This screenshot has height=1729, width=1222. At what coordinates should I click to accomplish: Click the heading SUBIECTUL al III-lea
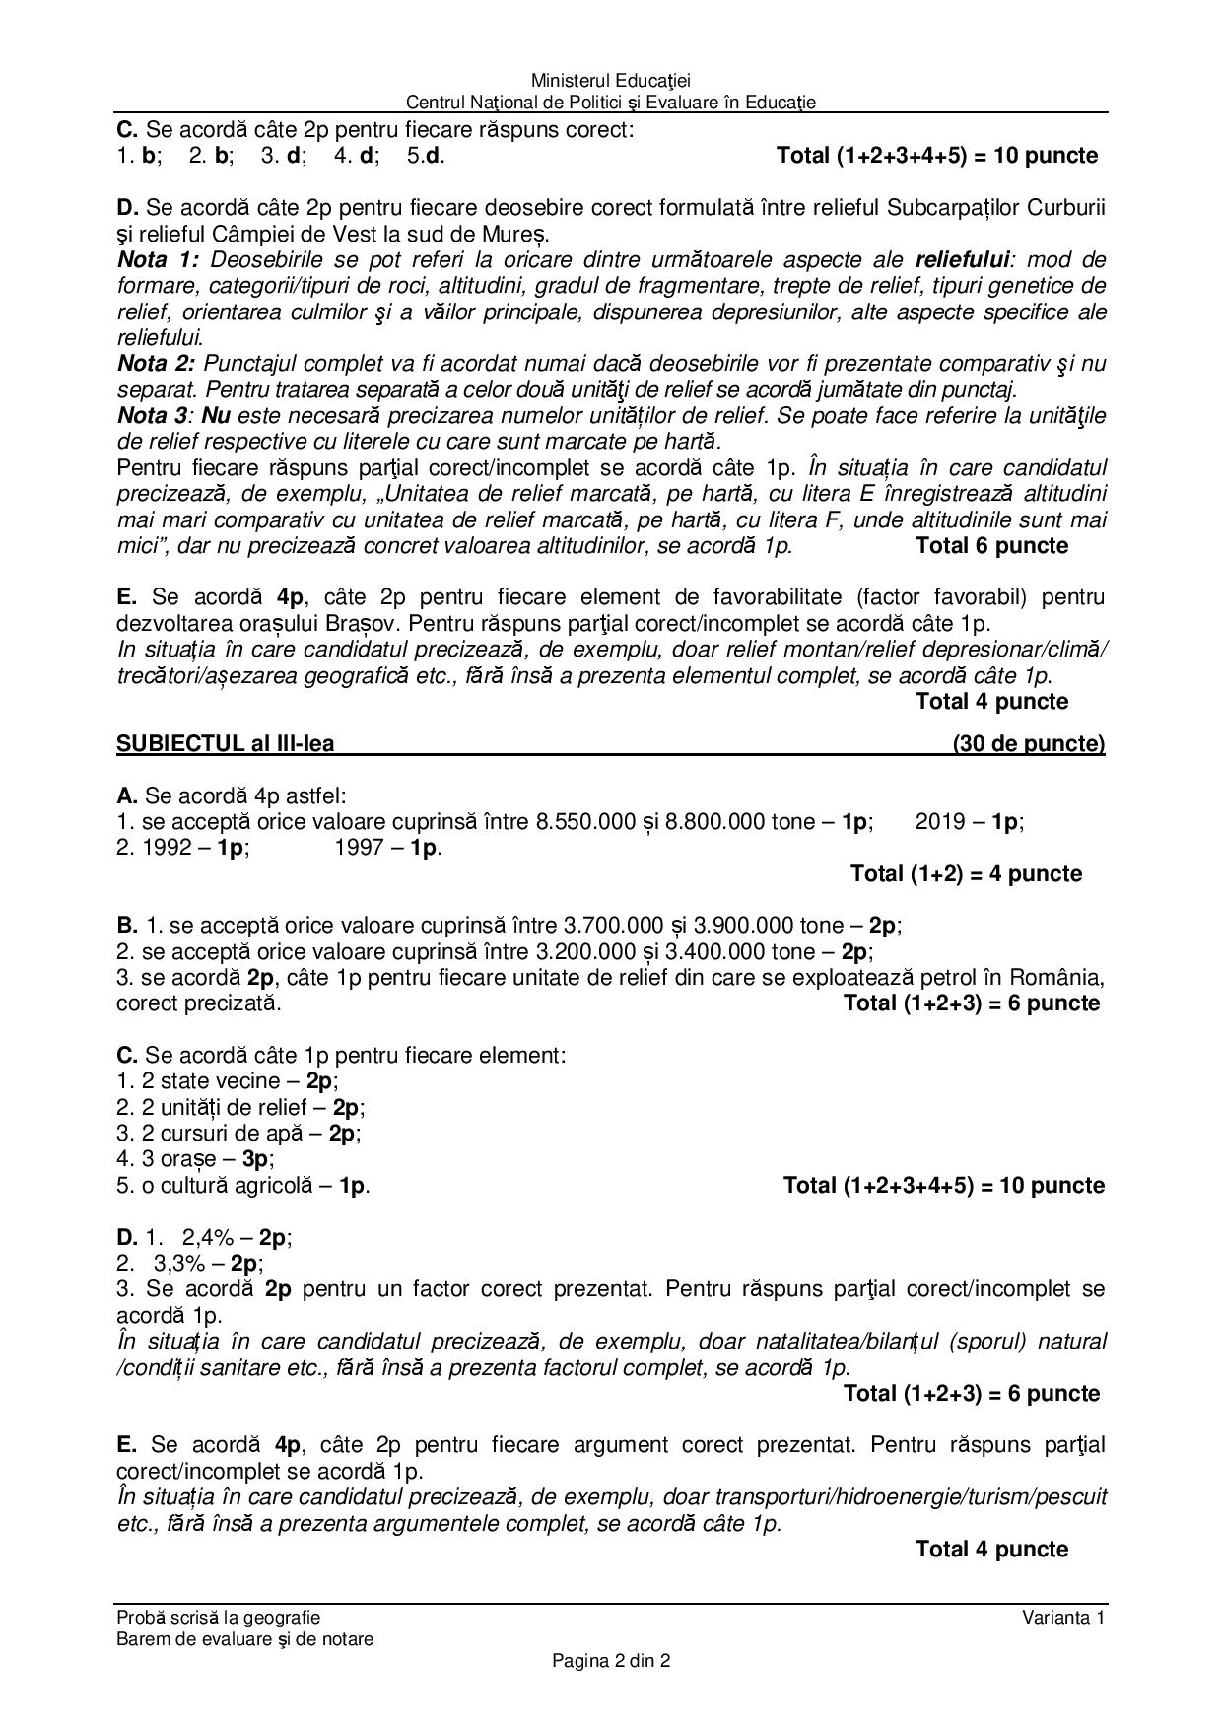point(225,743)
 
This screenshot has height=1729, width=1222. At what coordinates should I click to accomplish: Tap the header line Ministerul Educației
point(610,80)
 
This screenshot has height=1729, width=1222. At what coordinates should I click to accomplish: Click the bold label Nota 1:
point(158,260)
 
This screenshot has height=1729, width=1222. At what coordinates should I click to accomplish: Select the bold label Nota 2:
point(158,364)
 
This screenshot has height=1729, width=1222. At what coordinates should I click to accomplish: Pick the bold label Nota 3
point(153,416)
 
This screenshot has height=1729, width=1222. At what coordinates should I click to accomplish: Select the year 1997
point(362,848)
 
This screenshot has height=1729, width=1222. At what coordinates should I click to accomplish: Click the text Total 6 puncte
point(991,546)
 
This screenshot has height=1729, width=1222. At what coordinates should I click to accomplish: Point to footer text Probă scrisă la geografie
point(218,1617)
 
